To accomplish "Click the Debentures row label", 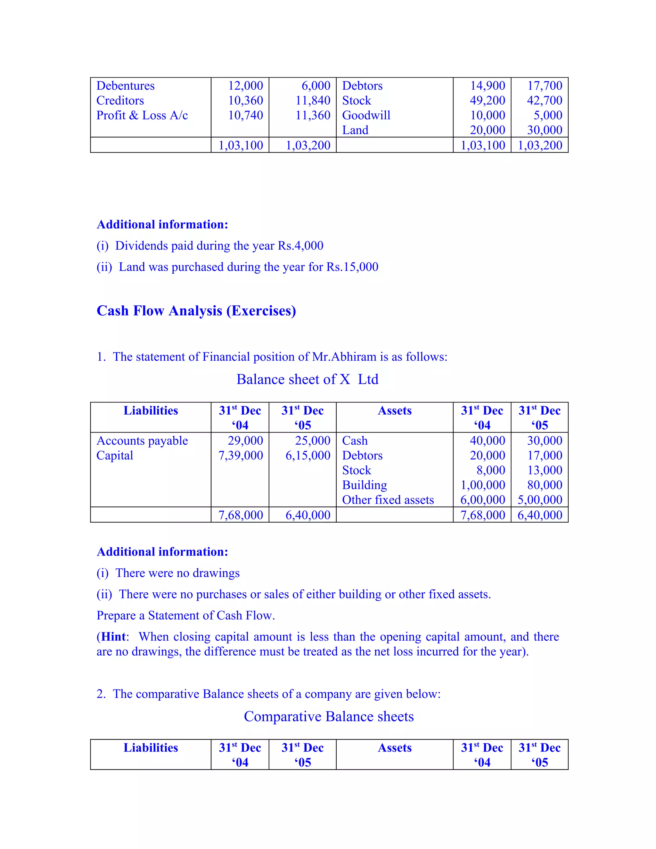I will [125, 86].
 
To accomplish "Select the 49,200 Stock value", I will [487, 100].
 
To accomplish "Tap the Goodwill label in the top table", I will [366, 115].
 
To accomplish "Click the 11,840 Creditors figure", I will [313, 100].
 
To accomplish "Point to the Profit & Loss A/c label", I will [142, 115].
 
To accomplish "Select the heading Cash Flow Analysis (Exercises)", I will [196, 310].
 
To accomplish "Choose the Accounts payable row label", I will [142, 441].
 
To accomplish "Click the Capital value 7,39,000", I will [241, 455].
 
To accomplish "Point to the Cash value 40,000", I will [487, 441].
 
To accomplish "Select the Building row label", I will [364, 485].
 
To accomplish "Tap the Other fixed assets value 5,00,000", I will [540, 499].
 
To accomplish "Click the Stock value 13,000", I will [545, 470].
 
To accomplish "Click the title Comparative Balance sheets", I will [329, 716].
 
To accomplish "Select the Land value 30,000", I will [545, 130].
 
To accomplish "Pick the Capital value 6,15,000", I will [308, 455].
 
